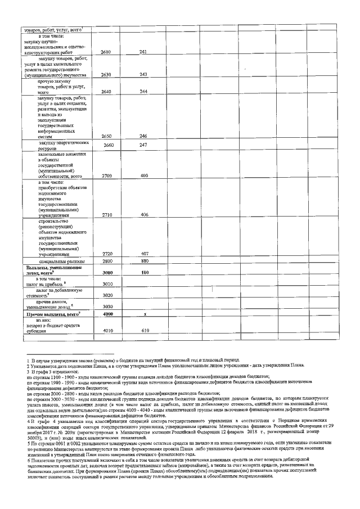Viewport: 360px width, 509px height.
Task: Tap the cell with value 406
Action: pos(144,215)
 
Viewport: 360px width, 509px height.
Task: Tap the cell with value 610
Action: pos(144,331)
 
